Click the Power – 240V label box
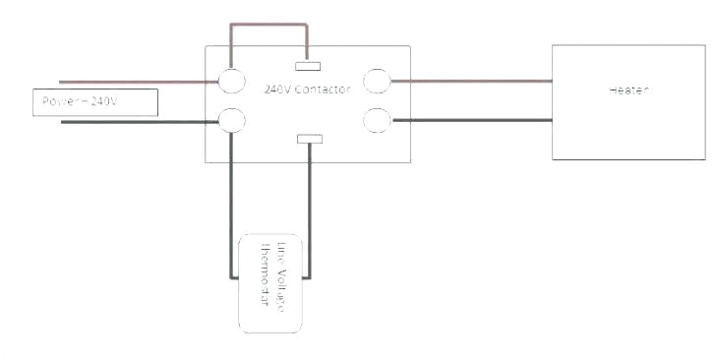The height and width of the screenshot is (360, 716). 94,102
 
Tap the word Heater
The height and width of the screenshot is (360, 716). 628,90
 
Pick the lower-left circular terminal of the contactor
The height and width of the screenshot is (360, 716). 231,120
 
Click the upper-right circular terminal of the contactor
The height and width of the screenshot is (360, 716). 378,81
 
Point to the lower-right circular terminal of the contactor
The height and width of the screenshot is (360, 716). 378,120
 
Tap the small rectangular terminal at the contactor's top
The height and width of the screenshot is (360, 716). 310,68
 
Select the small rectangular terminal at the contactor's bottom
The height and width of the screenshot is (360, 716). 310,140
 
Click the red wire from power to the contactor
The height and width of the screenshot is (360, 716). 138,82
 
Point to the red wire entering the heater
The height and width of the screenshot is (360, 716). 472,81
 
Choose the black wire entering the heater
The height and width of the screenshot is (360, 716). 472,120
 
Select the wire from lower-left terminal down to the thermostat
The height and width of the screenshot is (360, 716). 231,197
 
